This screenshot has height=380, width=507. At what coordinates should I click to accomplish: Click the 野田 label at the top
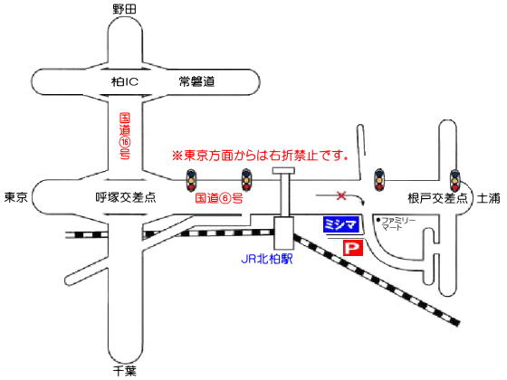point(125,9)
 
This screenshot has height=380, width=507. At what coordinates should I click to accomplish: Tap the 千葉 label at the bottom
point(125,371)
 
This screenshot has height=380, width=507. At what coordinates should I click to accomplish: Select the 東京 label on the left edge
point(16,197)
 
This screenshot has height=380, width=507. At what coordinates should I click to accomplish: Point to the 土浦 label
point(488,198)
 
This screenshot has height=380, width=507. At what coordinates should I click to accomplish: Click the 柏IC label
point(125,81)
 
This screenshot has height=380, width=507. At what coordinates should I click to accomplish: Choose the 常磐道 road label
point(197,81)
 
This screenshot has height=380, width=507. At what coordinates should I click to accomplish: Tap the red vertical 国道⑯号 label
point(125,136)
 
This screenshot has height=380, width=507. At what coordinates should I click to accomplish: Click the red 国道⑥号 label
point(219,198)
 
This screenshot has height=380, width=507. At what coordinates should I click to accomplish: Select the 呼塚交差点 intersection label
point(126,197)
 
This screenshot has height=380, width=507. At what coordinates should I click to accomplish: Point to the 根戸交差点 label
point(438,198)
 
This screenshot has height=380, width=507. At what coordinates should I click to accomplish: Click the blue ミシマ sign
point(341,224)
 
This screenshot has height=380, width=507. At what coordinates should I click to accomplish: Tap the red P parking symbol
point(353,248)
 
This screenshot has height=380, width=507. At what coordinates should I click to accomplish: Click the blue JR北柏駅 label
point(267,259)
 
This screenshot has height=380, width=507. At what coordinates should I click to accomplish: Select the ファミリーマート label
point(398,223)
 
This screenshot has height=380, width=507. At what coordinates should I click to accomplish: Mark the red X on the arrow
point(341,195)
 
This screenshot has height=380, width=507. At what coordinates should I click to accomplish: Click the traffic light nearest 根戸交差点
point(454,180)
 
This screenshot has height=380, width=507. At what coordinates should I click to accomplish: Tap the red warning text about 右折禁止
point(260,156)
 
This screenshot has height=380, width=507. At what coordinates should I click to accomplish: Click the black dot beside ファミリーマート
point(378,220)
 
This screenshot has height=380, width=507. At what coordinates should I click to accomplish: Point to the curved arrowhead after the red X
point(364,203)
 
